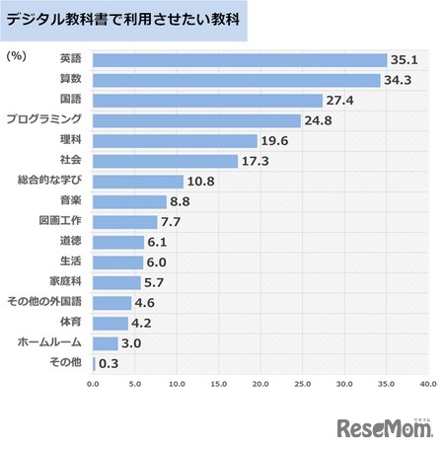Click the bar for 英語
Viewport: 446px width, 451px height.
[x=239, y=59]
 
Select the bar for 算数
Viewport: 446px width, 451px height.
[x=236, y=80]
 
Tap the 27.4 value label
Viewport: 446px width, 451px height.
[x=341, y=101]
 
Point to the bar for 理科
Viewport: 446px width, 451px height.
[x=175, y=141]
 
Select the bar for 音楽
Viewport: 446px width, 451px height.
[x=129, y=201]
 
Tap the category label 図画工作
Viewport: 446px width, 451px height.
[x=61, y=221]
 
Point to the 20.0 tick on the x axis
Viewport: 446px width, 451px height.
[x=260, y=383]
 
